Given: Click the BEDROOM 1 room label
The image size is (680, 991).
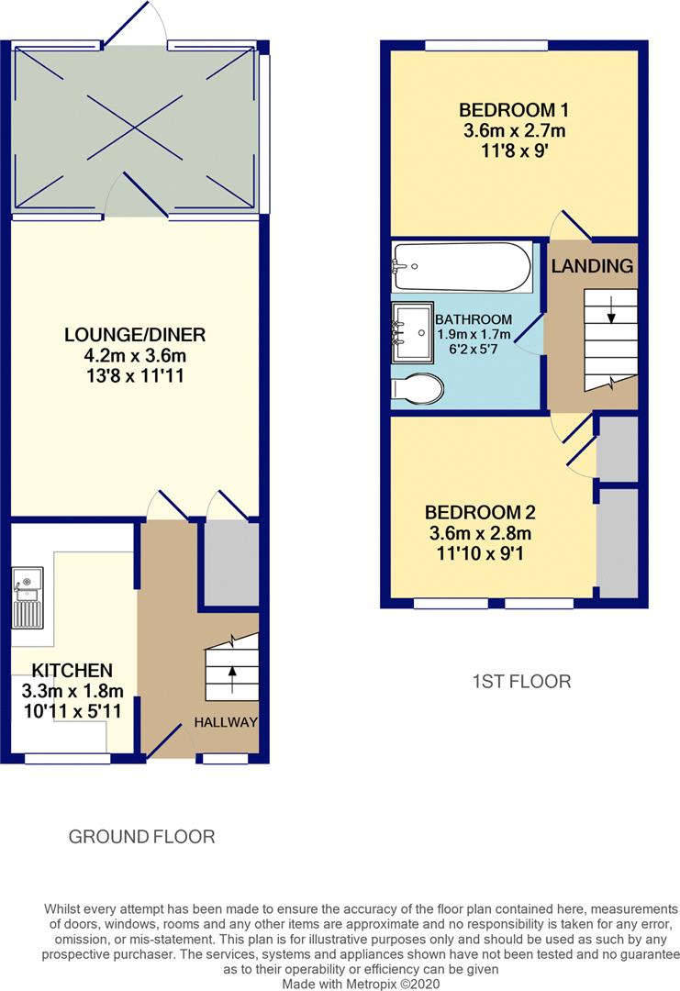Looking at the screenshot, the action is (513, 110).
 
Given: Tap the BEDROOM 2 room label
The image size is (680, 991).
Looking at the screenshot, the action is (480, 512).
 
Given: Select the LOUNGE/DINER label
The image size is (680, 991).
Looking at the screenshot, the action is (135, 334).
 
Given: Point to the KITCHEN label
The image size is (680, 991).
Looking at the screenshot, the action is (72, 670).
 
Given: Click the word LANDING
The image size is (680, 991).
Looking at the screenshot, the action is (592, 266).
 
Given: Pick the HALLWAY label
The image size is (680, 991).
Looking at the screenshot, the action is (226, 722).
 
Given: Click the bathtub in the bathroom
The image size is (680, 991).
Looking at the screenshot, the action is (462, 266).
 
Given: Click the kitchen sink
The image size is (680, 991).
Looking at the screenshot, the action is (28, 598).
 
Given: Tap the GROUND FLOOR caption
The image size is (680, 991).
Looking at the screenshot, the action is (141, 837).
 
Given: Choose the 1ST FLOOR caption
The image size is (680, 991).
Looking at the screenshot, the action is (521, 681).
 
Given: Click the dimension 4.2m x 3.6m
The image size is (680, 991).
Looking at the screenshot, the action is (135, 355).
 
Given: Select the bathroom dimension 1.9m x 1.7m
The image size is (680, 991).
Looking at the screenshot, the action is (474, 334).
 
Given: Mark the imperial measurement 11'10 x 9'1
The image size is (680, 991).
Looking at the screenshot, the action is (480, 553).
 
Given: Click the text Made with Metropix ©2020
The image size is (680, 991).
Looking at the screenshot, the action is (361, 984).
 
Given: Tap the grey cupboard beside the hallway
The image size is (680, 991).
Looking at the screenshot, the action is (231, 563).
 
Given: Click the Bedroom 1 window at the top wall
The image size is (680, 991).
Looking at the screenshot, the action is (486, 46).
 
